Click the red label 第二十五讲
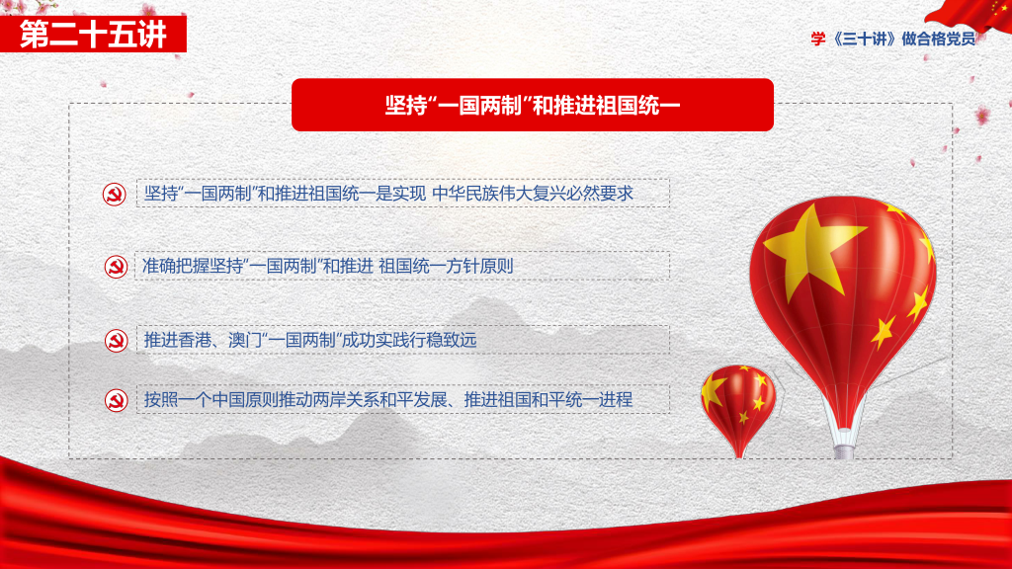[x=94, y=34]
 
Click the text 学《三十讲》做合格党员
[x=893, y=39]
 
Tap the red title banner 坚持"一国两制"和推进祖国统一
[x=533, y=105]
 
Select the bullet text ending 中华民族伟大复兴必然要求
[x=388, y=193]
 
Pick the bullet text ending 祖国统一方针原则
[x=327, y=266]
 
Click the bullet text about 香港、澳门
[x=309, y=340]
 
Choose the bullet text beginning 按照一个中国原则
[x=387, y=399]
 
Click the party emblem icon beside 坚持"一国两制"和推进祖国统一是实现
[x=115, y=195]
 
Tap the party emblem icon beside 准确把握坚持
[x=117, y=267]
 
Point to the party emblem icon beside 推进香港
[x=117, y=341]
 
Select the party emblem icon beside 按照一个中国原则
[x=117, y=400]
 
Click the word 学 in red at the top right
[x=818, y=39]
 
